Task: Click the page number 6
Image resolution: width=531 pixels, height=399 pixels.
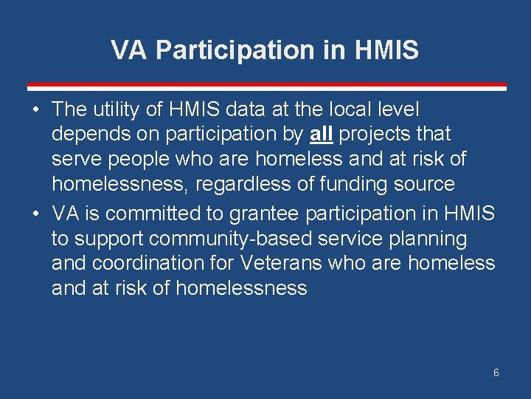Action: coord(496,372)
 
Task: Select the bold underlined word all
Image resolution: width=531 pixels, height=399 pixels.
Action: coord(320,134)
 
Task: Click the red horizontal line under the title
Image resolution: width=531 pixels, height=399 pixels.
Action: coord(266,86)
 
